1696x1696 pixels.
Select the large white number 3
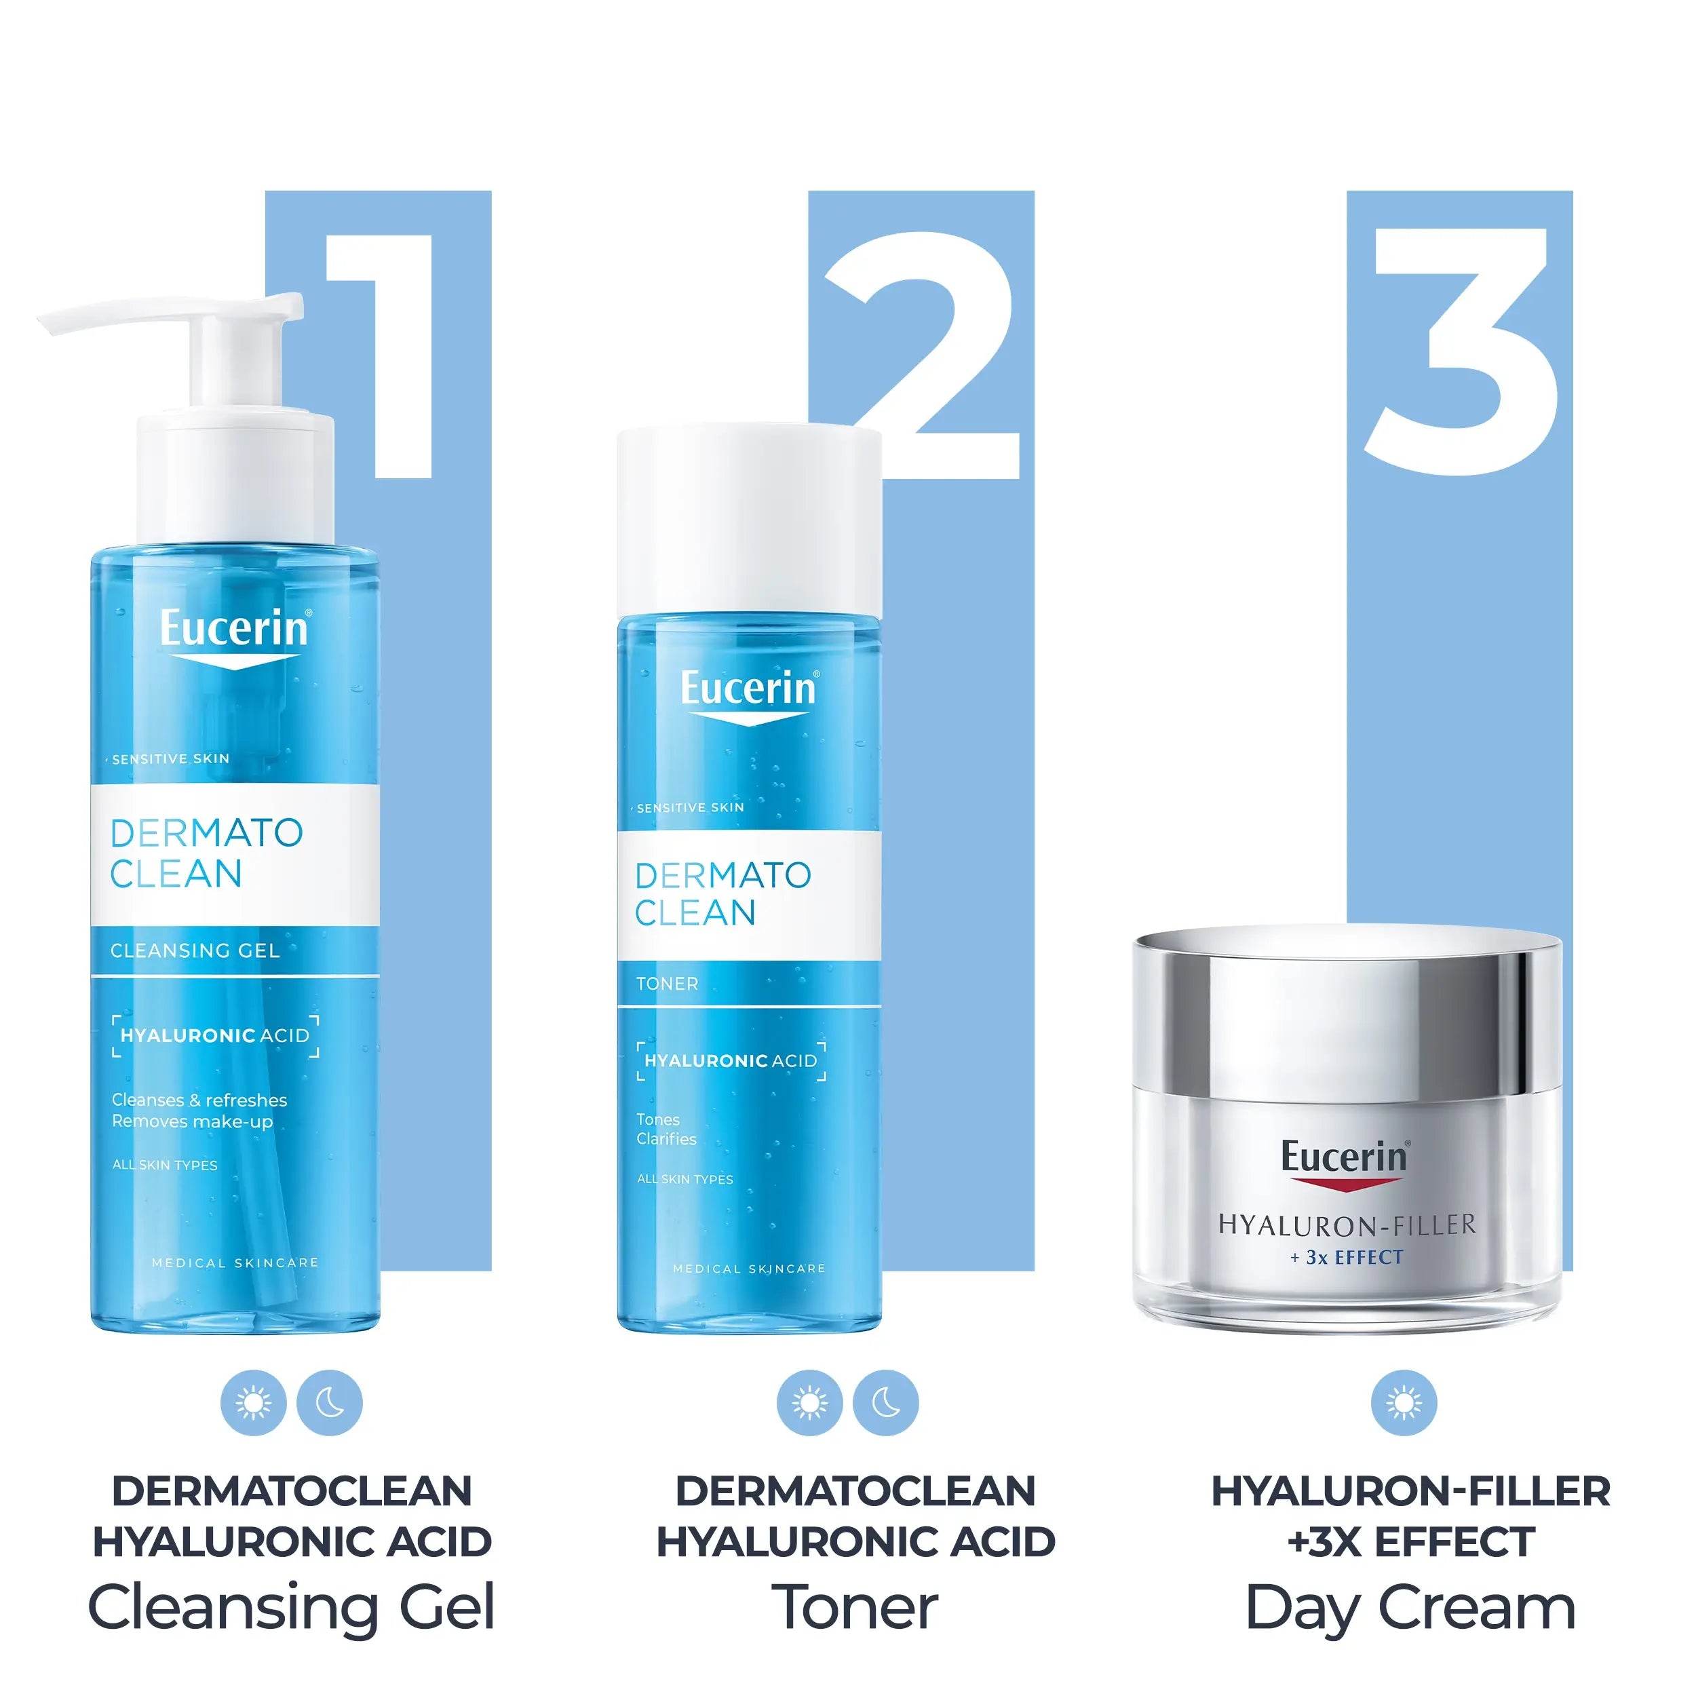[x=1462, y=351]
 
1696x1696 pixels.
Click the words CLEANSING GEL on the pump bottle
[x=195, y=950]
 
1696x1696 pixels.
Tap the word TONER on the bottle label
[x=667, y=984]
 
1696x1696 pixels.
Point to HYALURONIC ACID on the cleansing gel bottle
[x=215, y=1036]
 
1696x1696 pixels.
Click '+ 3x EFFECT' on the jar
[x=1347, y=1258]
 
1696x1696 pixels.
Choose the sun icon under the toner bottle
[x=809, y=1403]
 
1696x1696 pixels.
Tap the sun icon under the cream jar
[x=1404, y=1403]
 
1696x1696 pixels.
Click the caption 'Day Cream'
[x=1410, y=1608]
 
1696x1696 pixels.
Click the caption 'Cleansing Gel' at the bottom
[x=292, y=1608]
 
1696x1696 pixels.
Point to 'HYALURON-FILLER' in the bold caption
[x=1410, y=1491]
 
